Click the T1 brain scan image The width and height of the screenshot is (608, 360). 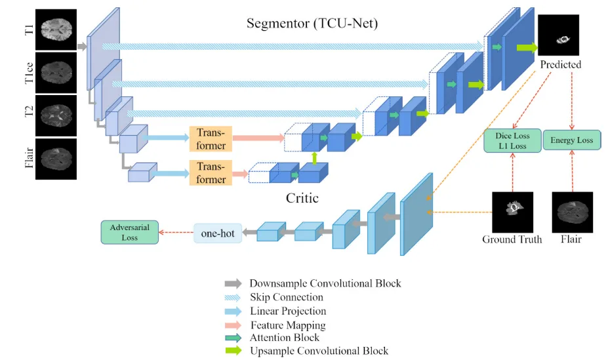click(x=56, y=30)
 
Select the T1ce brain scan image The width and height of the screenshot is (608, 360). click(x=56, y=73)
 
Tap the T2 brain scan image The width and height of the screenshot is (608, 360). click(x=56, y=116)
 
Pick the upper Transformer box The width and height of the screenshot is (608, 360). click(x=211, y=139)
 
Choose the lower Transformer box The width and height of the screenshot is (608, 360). click(x=211, y=172)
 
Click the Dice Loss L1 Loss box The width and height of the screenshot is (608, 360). click(x=512, y=141)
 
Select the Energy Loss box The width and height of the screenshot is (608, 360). click(x=571, y=140)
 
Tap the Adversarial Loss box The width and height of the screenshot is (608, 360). click(x=129, y=232)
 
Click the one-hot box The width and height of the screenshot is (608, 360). click(x=218, y=233)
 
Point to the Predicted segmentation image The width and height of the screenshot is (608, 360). click(x=558, y=35)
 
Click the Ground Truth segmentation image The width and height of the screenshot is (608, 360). click(x=513, y=212)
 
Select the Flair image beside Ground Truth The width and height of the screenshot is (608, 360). click(x=573, y=212)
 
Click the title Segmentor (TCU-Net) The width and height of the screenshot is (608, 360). click(x=312, y=24)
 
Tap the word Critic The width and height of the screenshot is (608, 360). click(x=302, y=198)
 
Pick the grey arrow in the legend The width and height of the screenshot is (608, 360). click(x=233, y=283)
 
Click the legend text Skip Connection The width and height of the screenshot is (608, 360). click(x=287, y=297)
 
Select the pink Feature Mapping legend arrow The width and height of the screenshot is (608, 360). click(x=233, y=325)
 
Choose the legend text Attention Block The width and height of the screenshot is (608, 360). click(x=285, y=338)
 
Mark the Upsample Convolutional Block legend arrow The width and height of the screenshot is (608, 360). click(x=233, y=351)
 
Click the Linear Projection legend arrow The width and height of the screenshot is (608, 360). click(x=233, y=311)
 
